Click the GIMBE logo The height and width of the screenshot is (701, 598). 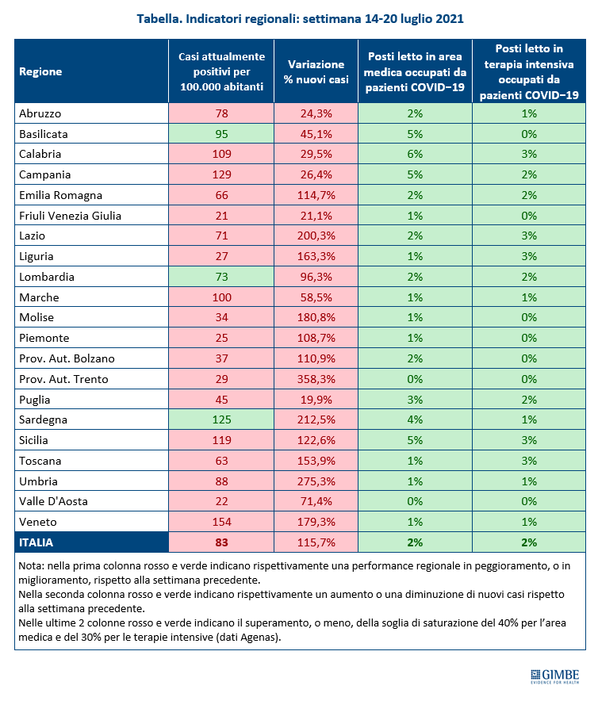(x=554, y=676)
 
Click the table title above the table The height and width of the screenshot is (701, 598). (x=300, y=19)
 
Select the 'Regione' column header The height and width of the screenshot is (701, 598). (x=40, y=71)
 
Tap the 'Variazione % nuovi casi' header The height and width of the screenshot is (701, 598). (x=316, y=71)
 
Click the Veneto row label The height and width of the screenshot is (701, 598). (x=38, y=522)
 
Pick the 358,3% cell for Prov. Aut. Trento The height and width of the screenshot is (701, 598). (x=316, y=379)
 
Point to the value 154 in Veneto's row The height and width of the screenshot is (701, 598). (x=222, y=522)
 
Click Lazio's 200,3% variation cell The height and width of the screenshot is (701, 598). (x=316, y=236)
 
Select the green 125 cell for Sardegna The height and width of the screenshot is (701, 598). (x=222, y=419)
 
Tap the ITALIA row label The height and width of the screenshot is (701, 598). (x=36, y=542)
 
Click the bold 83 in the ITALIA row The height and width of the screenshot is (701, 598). (x=222, y=542)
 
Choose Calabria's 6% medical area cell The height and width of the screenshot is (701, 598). (x=415, y=154)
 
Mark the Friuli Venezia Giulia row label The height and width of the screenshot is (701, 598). (x=71, y=216)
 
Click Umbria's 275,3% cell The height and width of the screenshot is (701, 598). (x=316, y=481)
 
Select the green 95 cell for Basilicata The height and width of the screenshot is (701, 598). (x=222, y=134)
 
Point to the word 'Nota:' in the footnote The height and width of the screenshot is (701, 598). (x=31, y=565)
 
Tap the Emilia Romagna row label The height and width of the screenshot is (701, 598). (x=61, y=195)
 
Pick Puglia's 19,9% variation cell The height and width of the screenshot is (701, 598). (x=316, y=399)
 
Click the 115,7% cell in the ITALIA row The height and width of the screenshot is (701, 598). (x=316, y=542)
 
